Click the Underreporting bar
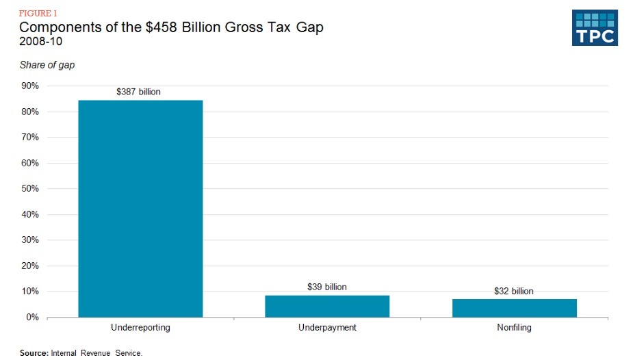140,209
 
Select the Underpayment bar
327,307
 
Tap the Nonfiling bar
514,308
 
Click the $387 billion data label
138,91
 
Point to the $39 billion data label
327,287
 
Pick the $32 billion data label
513,291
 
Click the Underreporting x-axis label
140,328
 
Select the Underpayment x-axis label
327,328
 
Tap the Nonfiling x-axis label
514,328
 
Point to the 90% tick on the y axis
30,86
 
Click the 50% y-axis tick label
30,189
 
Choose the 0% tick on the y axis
32,318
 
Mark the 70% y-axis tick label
30,138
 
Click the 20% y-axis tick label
30,266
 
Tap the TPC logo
595,28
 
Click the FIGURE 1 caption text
37,12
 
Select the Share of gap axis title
47,65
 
